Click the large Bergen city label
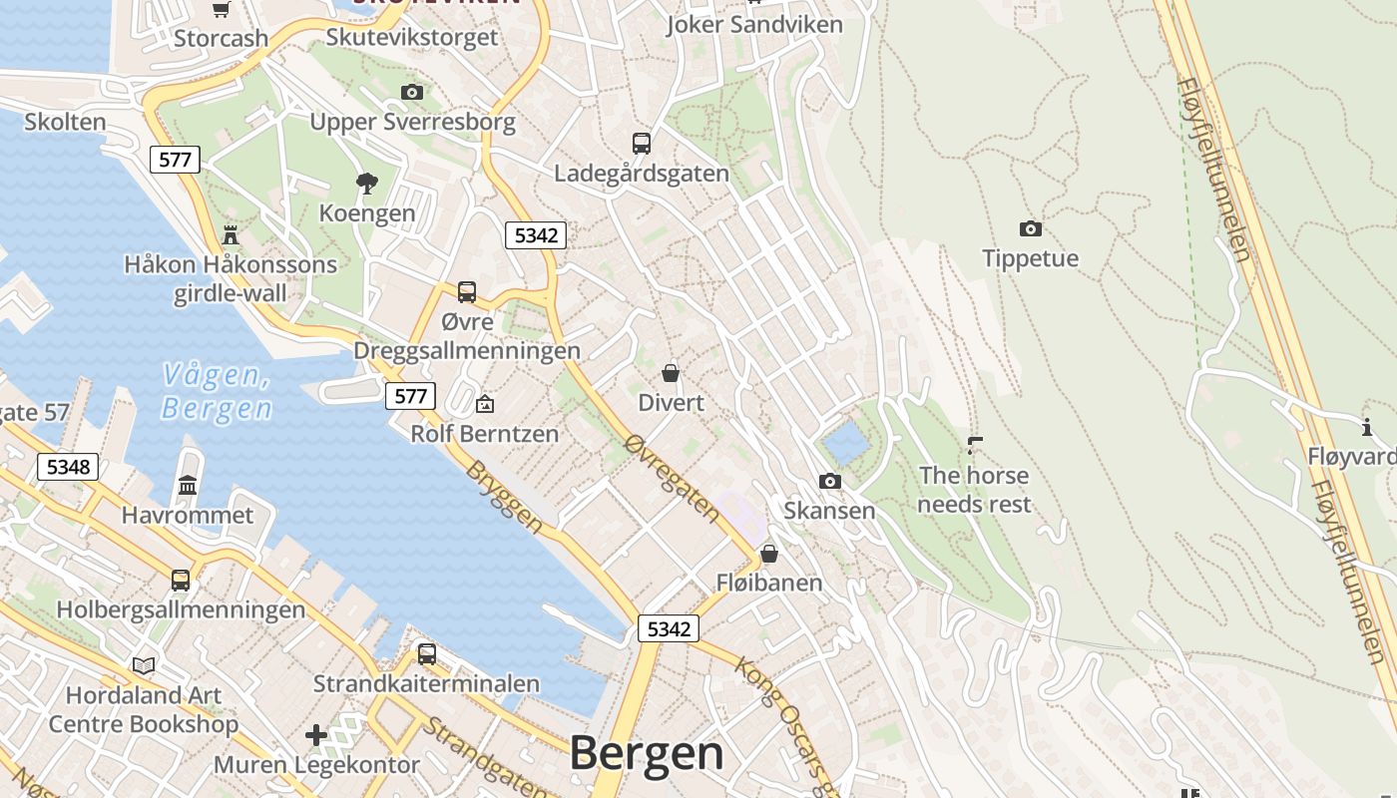coord(647,753)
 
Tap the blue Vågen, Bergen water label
coord(217,392)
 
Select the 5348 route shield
coord(68,467)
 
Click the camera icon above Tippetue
coord(1030,228)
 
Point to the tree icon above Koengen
coord(366,183)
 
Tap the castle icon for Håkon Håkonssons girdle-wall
coord(231,234)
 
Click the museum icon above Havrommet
coord(188,485)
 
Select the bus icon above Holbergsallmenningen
coord(181,580)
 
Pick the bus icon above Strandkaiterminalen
coord(426,654)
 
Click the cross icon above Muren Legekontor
coord(316,735)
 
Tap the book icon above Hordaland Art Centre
coord(144,664)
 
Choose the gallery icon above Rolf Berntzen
coord(485,404)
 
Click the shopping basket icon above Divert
coord(671,373)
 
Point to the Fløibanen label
coord(769,583)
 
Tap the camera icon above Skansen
coord(829,481)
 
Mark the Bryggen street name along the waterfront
coord(506,497)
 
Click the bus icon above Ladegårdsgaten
coord(641,143)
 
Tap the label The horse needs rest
coord(974,490)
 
